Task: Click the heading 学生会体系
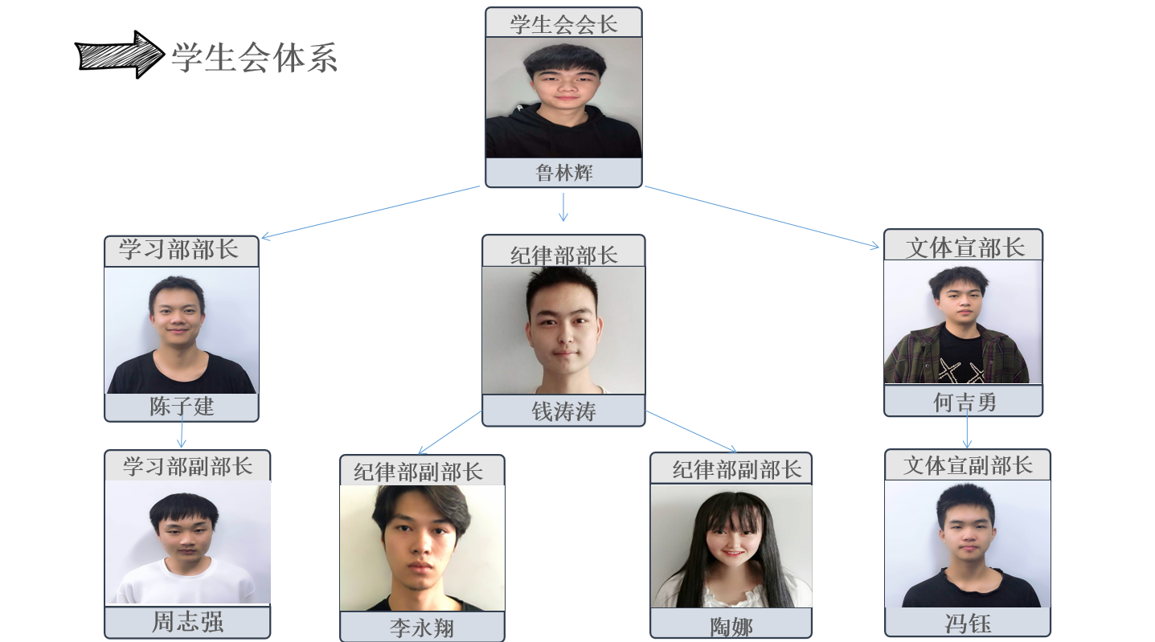click(254, 57)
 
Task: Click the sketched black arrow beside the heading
click(119, 55)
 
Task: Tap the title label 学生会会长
click(563, 23)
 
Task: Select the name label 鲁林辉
click(563, 173)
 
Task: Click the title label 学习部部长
click(180, 250)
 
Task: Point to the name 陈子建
click(182, 407)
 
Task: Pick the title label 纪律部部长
click(563, 254)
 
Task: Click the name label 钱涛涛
click(563, 411)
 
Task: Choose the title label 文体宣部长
click(965, 247)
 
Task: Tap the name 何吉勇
click(964, 401)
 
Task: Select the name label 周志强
click(187, 622)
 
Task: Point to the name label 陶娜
click(731, 625)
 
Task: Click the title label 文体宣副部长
click(968, 465)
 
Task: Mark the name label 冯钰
click(968, 623)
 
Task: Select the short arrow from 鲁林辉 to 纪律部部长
click(563, 207)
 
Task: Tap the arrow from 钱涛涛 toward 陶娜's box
click(691, 431)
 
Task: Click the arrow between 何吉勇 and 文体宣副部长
click(967, 433)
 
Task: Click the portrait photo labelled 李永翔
click(422, 548)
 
